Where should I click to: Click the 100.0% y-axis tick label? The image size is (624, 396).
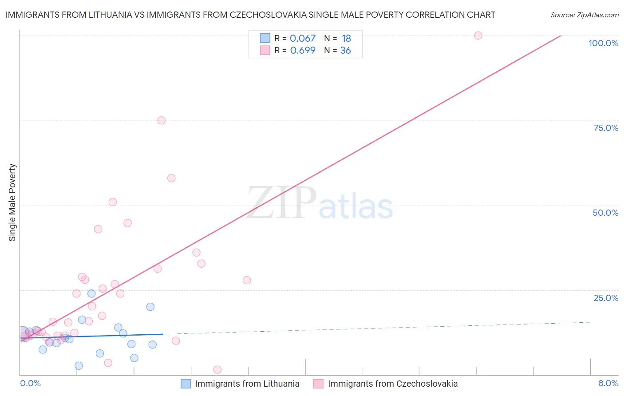tap(603, 43)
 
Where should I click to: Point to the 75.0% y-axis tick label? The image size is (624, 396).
tap(606, 128)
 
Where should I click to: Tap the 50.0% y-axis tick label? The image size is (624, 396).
tap(605, 213)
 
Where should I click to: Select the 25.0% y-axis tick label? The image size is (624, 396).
tap(606, 298)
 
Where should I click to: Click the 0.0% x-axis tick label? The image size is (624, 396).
tap(30, 384)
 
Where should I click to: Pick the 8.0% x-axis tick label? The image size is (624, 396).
tap(608, 384)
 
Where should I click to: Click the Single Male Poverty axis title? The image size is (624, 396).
tap(12, 202)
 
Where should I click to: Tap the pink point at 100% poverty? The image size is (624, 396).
tap(478, 36)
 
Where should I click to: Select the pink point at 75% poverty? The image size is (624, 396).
tap(162, 120)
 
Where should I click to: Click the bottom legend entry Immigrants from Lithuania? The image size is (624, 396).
tap(247, 384)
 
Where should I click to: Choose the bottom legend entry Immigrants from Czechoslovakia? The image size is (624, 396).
tap(392, 384)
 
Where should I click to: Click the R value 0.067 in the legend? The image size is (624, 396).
tap(303, 39)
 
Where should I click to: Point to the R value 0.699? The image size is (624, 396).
tap(303, 51)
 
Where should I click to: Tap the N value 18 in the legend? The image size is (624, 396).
tap(346, 39)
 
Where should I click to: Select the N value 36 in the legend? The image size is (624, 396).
tap(345, 51)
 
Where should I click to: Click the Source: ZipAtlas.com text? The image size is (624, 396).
tap(584, 15)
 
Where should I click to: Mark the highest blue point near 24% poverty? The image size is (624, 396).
tap(91, 293)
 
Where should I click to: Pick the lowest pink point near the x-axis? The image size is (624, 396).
tap(217, 369)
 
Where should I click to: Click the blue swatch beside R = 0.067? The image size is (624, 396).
tap(265, 38)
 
